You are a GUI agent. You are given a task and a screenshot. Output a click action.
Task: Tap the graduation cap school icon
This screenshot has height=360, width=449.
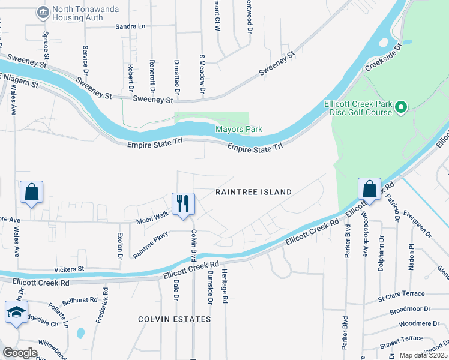point(16,312)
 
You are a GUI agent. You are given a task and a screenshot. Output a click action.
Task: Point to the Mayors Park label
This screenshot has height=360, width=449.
point(239,130)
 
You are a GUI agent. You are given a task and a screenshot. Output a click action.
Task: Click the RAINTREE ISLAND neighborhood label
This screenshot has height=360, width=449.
point(253,192)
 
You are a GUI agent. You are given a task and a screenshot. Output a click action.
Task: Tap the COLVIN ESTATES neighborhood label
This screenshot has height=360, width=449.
point(173,319)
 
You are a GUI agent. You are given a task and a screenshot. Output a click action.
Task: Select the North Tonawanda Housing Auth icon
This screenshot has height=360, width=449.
point(43,12)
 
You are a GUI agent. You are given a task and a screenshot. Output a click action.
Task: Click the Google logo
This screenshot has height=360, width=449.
point(20,352)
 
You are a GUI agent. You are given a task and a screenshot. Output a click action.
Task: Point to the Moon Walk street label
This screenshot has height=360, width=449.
point(152,215)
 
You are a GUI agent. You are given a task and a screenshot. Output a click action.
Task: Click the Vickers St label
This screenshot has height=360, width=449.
point(68,269)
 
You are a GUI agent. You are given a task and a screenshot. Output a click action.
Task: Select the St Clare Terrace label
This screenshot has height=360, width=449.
point(400,294)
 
